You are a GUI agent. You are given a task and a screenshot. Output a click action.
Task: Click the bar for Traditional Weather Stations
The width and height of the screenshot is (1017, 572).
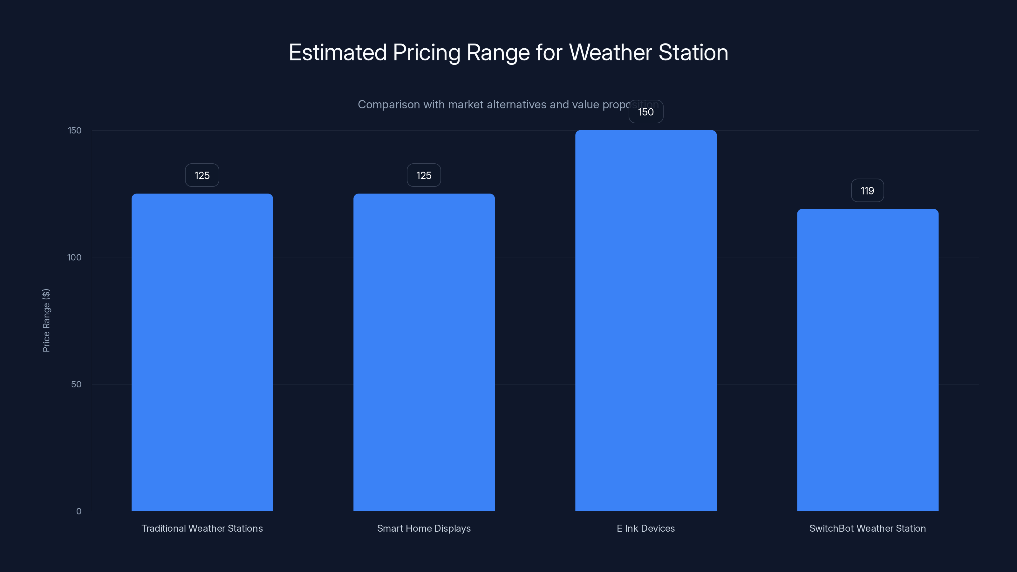tap(202, 351)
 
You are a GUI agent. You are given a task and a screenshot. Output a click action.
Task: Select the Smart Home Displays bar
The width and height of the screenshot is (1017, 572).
tap(424, 351)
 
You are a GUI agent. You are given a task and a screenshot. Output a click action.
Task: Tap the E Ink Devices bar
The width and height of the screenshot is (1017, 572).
tap(646, 320)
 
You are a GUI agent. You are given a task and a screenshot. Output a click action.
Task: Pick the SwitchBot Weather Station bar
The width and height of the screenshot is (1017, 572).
tap(867, 359)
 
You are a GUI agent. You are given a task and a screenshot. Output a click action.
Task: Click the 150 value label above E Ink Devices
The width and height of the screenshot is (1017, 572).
tap(646, 112)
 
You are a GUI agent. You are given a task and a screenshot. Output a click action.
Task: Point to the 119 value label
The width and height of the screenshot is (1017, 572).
tap(867, 191)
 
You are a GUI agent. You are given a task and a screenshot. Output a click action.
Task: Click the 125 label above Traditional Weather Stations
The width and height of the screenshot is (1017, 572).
tap(202, 175)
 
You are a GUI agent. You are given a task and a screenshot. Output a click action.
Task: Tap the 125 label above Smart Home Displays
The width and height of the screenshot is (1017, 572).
tap(424, 175)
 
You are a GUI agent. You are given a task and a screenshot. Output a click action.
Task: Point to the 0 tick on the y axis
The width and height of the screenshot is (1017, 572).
tap(79, 511)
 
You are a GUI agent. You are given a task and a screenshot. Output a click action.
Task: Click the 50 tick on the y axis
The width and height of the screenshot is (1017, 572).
tap(76, 384)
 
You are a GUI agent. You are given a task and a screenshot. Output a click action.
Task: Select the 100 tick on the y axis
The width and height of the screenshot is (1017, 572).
tap(74, 257)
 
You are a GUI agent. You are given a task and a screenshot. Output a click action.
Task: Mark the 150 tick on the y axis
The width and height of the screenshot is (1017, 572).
tap(75, 130)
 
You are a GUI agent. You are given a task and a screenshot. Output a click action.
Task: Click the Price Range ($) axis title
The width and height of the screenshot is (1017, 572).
tap(46, 320)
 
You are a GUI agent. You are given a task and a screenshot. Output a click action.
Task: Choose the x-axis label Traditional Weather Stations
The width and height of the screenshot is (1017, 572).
tap(202, 528)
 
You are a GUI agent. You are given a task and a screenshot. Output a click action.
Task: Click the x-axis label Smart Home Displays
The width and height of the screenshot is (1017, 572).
tap(424, 528)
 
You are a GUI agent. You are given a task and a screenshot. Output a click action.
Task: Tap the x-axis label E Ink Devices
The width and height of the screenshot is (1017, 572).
tap(646, 528)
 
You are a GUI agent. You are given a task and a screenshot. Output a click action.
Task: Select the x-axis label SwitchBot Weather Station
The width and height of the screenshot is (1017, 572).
tap(867, 528)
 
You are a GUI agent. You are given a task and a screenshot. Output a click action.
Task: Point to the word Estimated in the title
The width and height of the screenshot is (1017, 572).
tap(338, 52)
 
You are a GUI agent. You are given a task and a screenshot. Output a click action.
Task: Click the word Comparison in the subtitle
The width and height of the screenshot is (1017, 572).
tap(389, 105)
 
